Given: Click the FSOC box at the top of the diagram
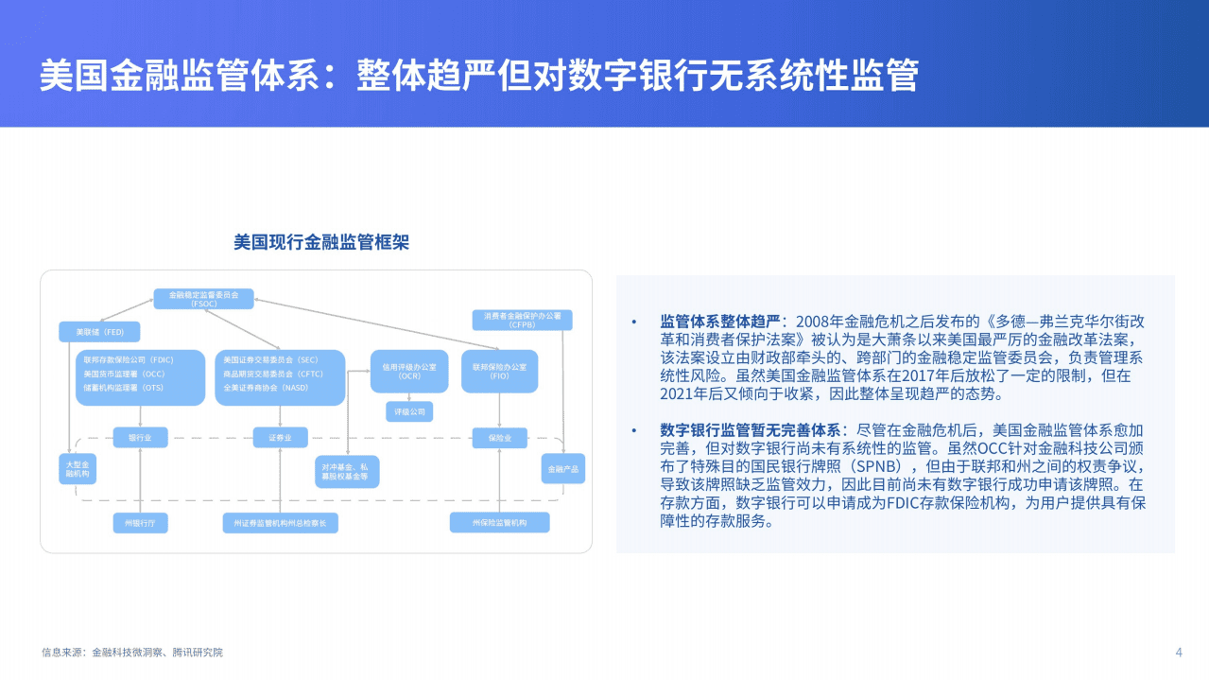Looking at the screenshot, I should click(203, 299).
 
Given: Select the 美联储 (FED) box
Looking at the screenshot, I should click(99, 332).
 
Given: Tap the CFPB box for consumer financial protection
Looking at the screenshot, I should click(522, 320).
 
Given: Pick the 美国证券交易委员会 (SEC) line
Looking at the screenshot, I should click(270, 360).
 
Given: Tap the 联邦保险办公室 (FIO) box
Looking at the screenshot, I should click(499, 371).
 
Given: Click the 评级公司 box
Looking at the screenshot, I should click(408, 411).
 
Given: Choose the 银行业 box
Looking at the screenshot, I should click(140, 437).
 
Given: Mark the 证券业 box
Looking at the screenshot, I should click(281, 437).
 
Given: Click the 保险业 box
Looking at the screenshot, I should click(499, 437).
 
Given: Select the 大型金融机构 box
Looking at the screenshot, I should click(77, 470).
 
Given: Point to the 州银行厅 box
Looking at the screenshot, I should click(140, 522).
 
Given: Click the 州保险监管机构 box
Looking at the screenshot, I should click(499, 522).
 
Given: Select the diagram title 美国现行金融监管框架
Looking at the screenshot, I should click(321, 243).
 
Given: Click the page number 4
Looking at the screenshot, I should click(1178, 652).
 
